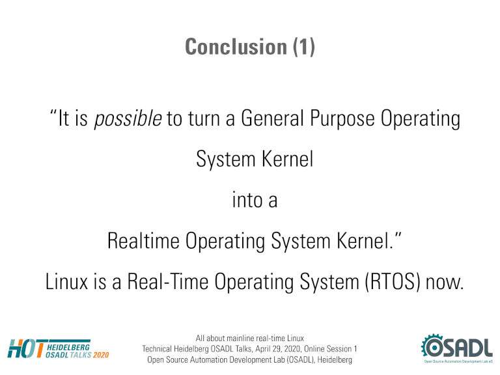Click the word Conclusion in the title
coord(236,47)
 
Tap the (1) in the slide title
coord(304,47)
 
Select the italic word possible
coord(128,118)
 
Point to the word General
coord(272,118)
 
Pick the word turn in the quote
coord(204,118)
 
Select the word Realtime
coord(143,240)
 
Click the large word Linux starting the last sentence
coord(66,281)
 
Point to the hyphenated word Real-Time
coord(168,281)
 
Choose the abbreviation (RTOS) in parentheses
coord(392,281)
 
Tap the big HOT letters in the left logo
coord(26,349)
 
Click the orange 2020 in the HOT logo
coord(101,355)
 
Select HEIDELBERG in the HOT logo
coord(68,347)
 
